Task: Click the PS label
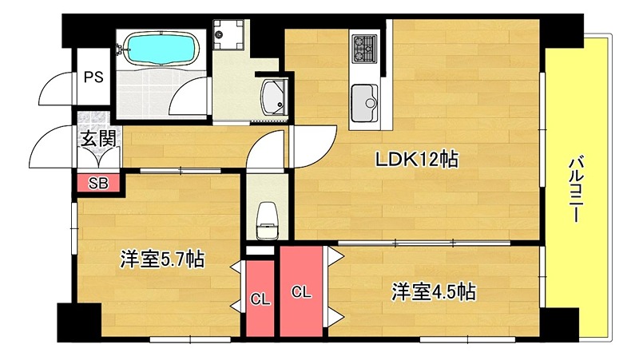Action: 93,77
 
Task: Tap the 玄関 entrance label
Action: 97,137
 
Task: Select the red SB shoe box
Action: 97,183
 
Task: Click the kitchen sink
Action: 368,101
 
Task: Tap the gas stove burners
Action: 364,48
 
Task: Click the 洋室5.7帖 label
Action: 161,259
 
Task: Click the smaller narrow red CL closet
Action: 260,299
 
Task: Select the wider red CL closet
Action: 300,291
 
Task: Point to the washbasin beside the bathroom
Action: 274,98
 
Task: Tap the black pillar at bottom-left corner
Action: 77,322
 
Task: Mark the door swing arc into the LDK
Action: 309,141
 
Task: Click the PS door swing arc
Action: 58,86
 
